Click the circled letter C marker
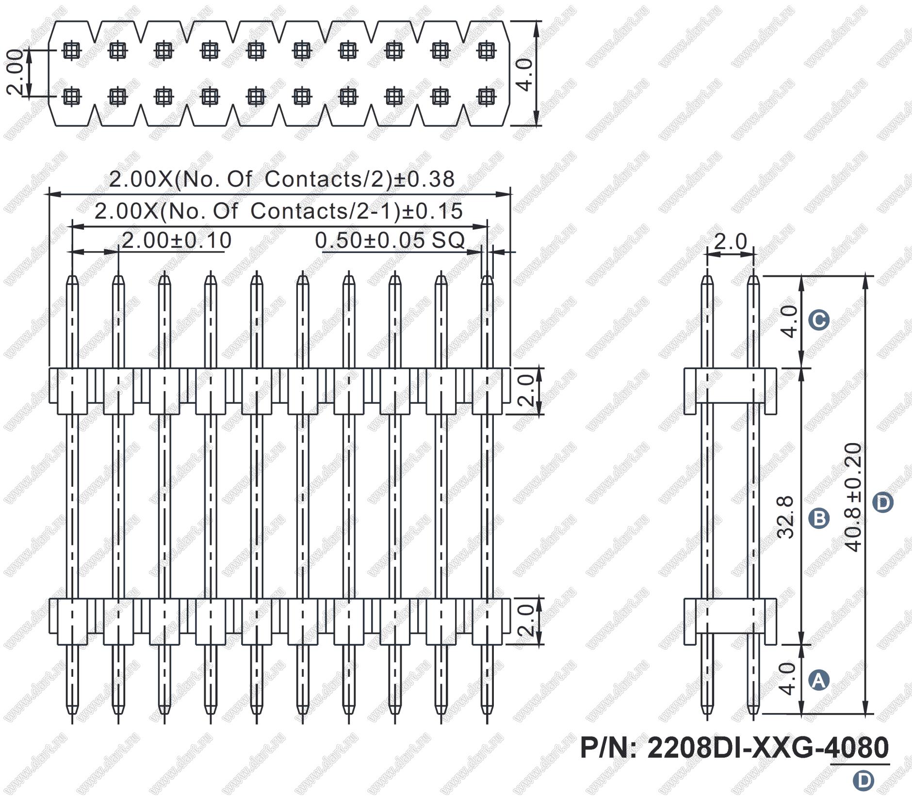(819, 320)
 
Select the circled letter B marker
(819, 518)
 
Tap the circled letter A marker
(819, 681)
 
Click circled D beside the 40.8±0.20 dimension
(883, 503)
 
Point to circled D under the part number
(863, 781)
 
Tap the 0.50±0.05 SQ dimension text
(390, 240)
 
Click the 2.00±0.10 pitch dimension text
(176, 240)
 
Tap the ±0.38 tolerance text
(424, 179)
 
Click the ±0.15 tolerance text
(432, 211)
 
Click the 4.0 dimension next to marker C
(790, 321)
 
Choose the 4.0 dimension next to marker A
(790, 679)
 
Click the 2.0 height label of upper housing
(526, 391)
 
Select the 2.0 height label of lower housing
(526, 621)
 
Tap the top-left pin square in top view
(72, 50)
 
